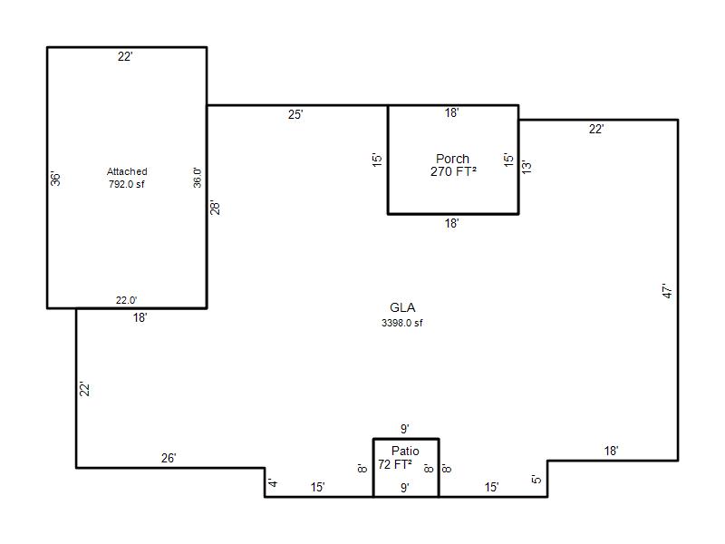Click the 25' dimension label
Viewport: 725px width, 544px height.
pos(295,114)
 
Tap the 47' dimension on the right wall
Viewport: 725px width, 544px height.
pos(667,290)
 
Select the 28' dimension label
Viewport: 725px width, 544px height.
pos(215,208)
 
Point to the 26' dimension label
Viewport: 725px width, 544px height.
pos(169,458)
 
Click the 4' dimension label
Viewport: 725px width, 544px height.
pos(274,483)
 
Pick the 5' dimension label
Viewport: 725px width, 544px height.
pos(536,480)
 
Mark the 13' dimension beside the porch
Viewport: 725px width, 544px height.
pos(527,167)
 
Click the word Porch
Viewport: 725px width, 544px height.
pos(452,159)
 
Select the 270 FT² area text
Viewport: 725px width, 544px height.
pos(453,171)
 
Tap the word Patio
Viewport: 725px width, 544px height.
pos(405,451)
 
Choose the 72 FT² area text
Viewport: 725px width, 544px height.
pos(395,464)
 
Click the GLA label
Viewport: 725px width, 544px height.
pos(402,307)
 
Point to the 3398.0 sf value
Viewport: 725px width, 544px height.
pos(401,323)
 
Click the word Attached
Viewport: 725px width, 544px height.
pos(127,171)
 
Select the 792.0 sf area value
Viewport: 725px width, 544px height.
pos(127,184)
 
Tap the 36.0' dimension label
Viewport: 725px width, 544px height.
pos(198,178)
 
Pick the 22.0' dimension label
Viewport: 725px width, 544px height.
pos(126,300)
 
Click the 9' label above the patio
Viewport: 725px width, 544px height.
pos(405,429)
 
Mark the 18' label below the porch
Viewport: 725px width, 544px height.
pos(451,223)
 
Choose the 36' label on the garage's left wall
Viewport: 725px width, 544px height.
pos(55,179)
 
